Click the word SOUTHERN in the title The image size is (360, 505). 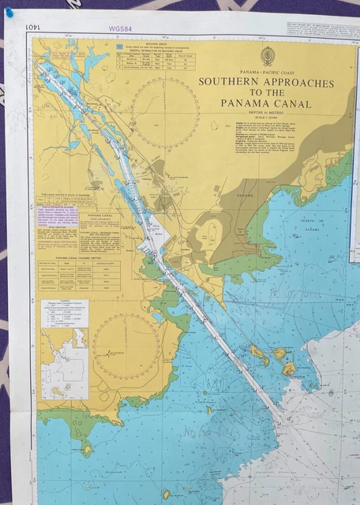[230, 80]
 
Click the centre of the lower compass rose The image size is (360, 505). [126, 346]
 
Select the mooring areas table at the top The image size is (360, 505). [160, 58]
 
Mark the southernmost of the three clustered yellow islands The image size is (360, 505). [288, 368]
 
